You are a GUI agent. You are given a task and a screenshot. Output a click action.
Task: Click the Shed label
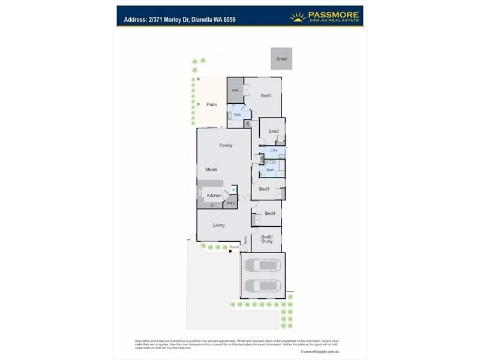281,59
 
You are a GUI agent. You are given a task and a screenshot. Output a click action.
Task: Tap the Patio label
211,104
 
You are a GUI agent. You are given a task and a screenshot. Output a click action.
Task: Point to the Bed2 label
274,131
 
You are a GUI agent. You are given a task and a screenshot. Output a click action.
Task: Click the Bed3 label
264,189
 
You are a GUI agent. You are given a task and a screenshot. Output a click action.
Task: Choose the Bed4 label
270,213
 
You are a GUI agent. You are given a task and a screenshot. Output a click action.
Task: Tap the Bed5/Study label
267,239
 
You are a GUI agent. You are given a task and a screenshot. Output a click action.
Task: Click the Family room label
226,145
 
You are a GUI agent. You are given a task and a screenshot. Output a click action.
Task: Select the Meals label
211,169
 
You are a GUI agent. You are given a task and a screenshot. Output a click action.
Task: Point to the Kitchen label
214,196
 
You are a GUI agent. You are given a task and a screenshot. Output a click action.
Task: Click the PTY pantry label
231,204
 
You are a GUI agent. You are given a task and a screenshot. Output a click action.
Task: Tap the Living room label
218,225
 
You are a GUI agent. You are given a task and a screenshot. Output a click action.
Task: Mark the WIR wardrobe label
236,91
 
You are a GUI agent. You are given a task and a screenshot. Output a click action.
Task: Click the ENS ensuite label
237,114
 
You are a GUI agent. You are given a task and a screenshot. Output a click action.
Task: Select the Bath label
270,170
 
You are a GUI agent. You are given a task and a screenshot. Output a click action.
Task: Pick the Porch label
234,247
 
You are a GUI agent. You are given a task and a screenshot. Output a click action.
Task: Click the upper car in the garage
262,265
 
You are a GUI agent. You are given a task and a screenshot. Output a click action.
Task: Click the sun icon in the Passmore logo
298,17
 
